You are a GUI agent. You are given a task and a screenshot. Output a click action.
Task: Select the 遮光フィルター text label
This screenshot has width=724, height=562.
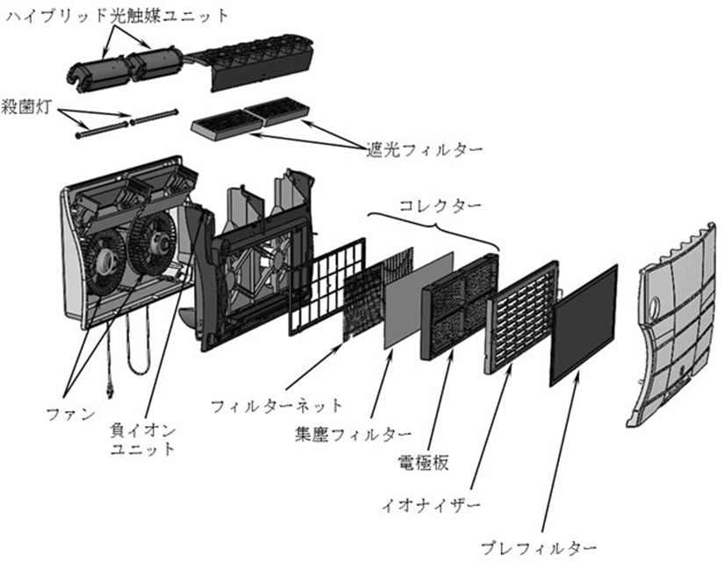(x=425, y=149)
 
